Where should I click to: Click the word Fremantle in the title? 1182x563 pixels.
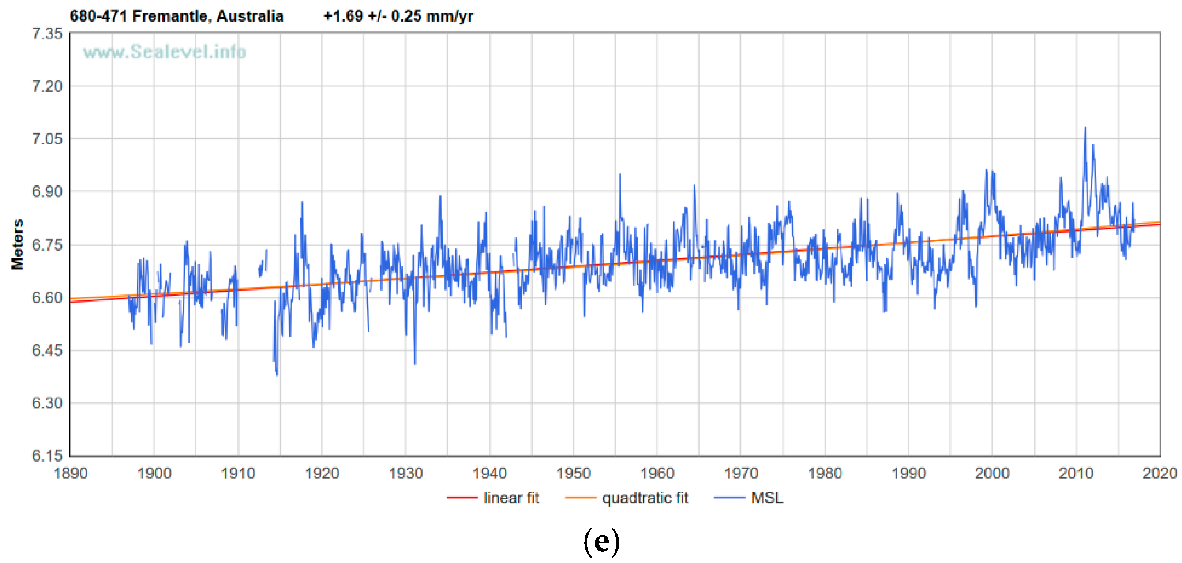169,16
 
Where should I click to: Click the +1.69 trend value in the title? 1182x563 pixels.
343,16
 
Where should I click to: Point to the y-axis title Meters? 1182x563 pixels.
18,244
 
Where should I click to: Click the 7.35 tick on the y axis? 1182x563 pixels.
47,34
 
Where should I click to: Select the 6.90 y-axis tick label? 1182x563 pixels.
47,191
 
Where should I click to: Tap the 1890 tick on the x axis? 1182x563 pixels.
70,473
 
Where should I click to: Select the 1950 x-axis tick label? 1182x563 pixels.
573,473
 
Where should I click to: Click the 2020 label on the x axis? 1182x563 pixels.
1159,473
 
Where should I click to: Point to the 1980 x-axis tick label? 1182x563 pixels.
825,473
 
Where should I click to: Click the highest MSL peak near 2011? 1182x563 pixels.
1085,128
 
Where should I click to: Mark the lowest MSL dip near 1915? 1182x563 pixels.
277,375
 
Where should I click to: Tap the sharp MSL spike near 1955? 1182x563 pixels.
619,175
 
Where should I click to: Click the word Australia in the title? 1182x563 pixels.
250,16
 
